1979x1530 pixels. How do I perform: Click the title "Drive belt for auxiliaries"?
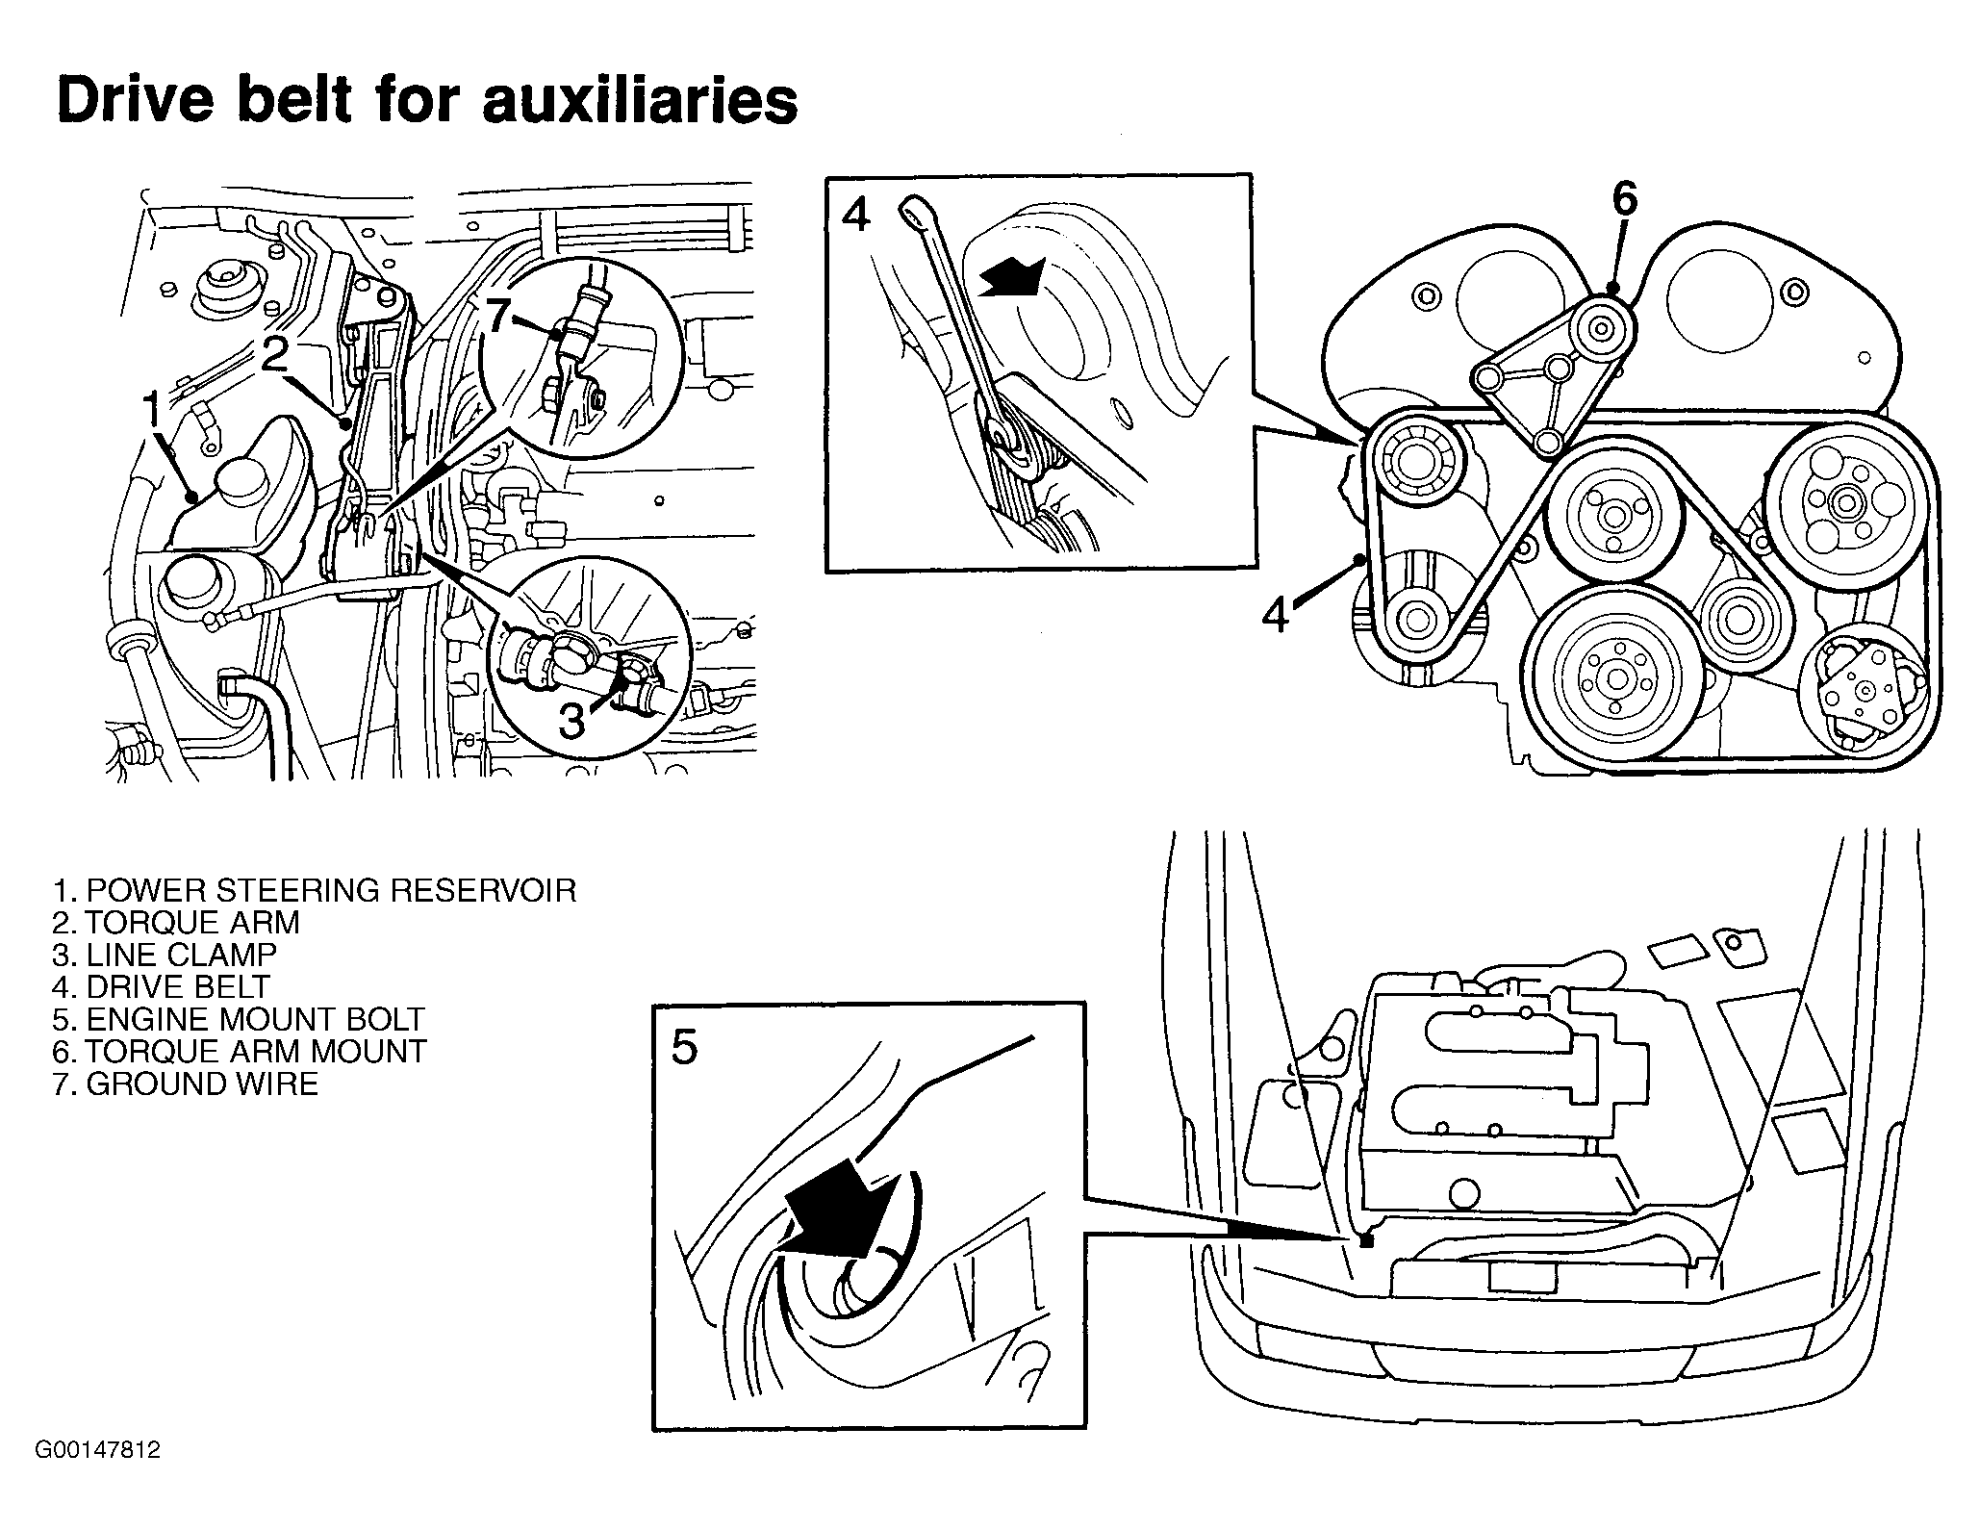point(427,100)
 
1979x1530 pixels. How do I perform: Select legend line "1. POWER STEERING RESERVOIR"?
point(314,890)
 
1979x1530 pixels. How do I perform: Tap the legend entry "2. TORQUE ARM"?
point(176,923)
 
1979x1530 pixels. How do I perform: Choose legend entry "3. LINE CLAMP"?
point(165,955)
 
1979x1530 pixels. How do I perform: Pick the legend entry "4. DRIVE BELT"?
point(162,987)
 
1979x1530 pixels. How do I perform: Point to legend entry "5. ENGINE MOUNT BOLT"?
point(239,1019)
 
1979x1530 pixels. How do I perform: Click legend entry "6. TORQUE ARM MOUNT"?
point(240,1051)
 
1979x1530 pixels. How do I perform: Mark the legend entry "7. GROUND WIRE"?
point(186,1084)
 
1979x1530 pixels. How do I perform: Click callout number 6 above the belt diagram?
point(1623,199)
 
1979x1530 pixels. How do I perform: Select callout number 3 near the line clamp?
point(571,722)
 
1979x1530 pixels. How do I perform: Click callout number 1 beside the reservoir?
point(153,411)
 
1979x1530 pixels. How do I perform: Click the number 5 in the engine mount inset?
point(684,1047)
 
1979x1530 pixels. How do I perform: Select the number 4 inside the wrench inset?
point(855,214)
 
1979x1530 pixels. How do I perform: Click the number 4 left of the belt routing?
point(1276,614)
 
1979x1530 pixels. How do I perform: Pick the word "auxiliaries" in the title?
point(640,100)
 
